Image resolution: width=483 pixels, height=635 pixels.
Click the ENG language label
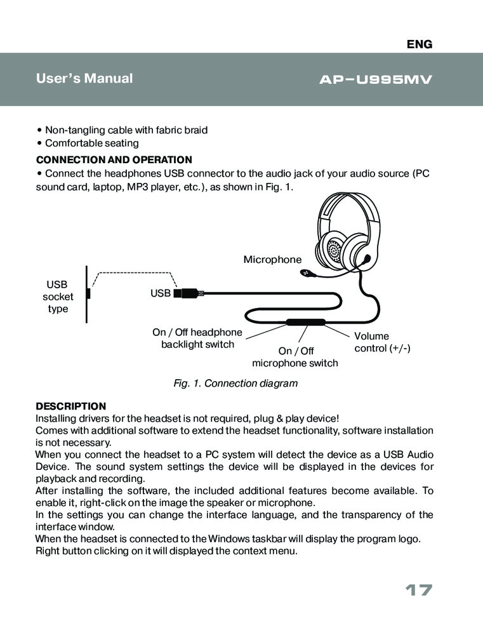point(419,44)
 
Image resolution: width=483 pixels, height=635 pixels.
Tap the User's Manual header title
point(84,79)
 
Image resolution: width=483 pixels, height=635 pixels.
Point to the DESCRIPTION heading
point(70,406)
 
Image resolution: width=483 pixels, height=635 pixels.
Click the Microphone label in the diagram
point(273,259)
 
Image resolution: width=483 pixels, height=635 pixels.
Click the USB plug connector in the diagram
point(187,293)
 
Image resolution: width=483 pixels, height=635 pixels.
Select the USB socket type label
point(58,297)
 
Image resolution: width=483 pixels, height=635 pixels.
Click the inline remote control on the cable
point(305,322)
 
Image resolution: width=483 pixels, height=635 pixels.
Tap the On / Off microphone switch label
point(295,357)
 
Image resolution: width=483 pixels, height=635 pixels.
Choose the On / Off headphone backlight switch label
point(197,338)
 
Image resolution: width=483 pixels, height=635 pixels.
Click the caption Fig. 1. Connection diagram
point(235,384)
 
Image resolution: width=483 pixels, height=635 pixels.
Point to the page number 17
point(418,591)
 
